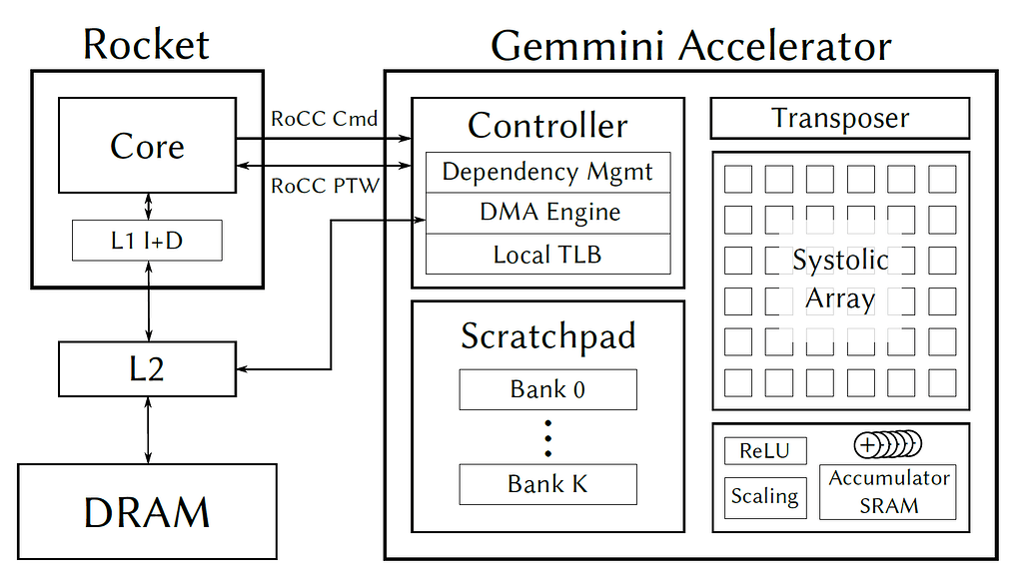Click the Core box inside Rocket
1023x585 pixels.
click(147, 146)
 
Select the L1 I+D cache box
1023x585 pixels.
click(147, 241)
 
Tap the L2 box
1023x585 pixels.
click(147, 369)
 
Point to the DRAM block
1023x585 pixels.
click(147, 511)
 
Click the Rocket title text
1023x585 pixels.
click(146, 45)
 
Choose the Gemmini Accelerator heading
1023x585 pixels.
click(690, 46)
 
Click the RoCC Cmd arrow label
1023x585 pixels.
click(325, 119)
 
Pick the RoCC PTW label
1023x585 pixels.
click(325, 185)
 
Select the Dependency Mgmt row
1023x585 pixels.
click(547, 172)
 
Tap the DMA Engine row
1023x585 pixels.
click(547, 213)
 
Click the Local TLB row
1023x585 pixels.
click(547, 254)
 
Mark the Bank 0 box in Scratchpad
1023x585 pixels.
click(547, 389)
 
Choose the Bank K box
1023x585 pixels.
click(547, 484)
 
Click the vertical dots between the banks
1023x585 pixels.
click(547, 437)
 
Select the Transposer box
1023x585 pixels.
click(839, 118)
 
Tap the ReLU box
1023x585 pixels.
click(764, 450)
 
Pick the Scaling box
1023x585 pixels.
click(764, 496)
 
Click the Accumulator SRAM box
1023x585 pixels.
click(887, 491)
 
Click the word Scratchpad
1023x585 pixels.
click(547, 335)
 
